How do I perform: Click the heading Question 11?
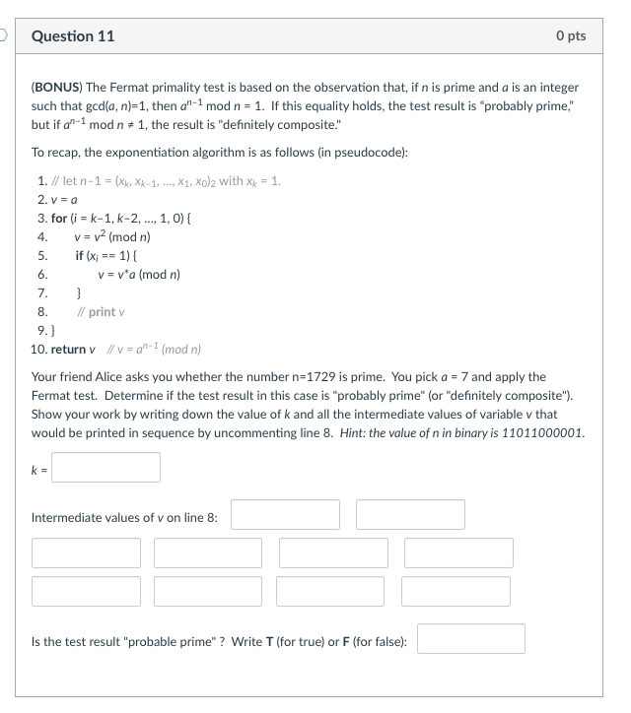click(73, 35)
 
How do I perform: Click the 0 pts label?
click(570, 35)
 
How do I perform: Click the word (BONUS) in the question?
click(60, 89)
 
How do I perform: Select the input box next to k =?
click(106, 467)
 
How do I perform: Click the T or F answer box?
click(470, 639)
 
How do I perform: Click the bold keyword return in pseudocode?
click(68, 350)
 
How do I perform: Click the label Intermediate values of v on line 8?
click(125, 517)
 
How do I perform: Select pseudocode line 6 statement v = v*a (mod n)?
click(138, 275)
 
